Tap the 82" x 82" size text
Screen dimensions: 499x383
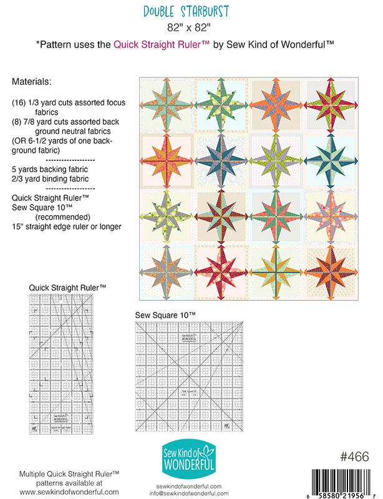coord(191,27)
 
